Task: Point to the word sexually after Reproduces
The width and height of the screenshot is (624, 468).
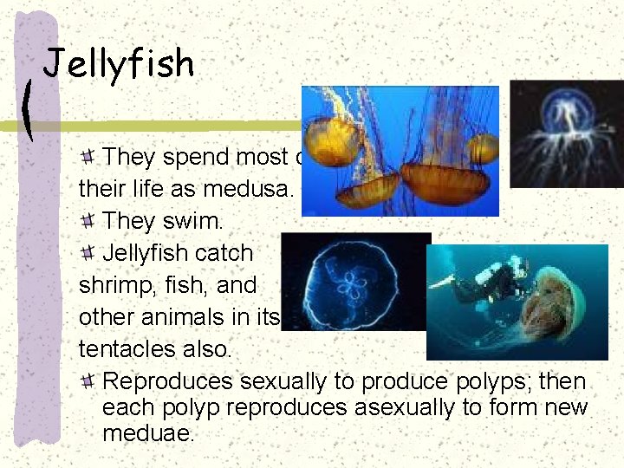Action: [291, 381]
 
